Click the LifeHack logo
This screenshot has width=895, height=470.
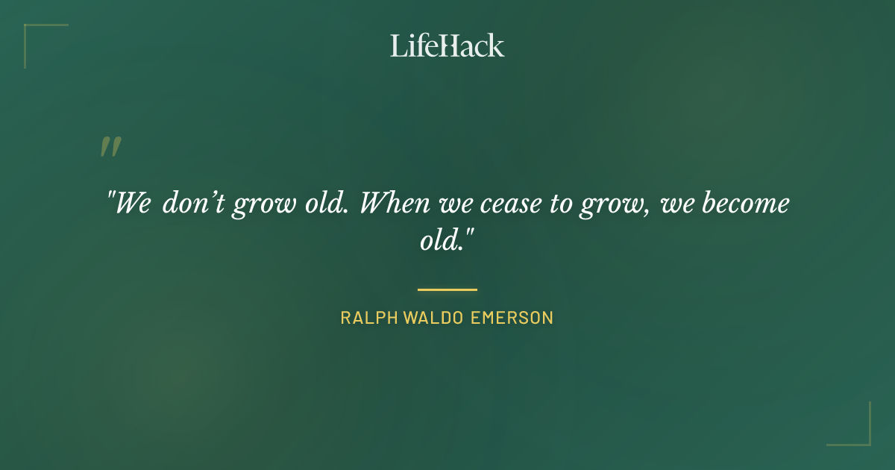point(447,46)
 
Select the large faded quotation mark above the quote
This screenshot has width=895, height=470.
point(110,147)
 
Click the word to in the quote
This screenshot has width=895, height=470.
point(561,204)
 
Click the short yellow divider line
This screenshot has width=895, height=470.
point(447,289)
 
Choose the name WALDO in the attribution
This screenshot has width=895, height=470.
point(433,318)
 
